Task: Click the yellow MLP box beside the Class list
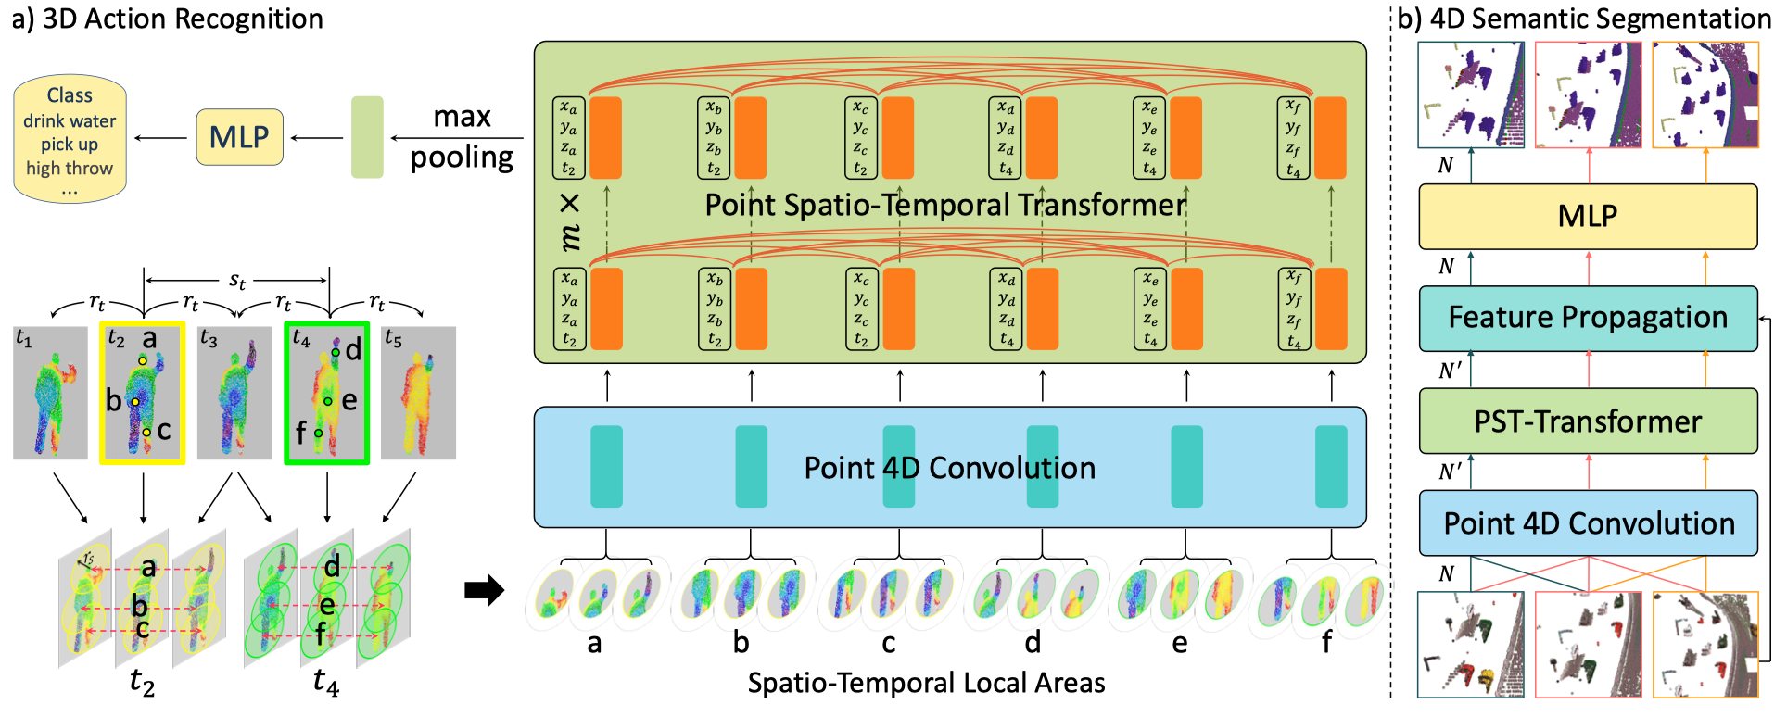click(x=239, y=137)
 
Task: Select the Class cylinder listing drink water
click(x=70, y=139)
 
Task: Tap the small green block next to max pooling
click(x=367, y=137)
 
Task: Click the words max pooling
click(x=462, y=137)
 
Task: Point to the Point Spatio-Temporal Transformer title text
click(x=945, y=205)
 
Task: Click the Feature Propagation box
click(x=1588, y=318)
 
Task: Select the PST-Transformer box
click(x=1588, y=421)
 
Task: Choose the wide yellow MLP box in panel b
click(x=1588, y=216)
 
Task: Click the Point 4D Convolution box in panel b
click(x=1588, y=523)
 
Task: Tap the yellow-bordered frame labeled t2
click(x=143, y=392)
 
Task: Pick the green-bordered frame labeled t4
click(x=327, y=392)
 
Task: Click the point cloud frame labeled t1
click(x=50, y=393)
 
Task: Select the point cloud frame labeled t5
click(x=418, y=393)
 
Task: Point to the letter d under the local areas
click(x=1033, y=642)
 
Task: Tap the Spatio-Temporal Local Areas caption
click(x=926, y=684)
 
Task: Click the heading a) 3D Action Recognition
click(x=168, y=19)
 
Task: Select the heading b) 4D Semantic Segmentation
click(x=1584, y=19)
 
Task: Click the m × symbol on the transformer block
click(x=571, y=222)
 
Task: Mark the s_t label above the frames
click(x=237, y=280)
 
